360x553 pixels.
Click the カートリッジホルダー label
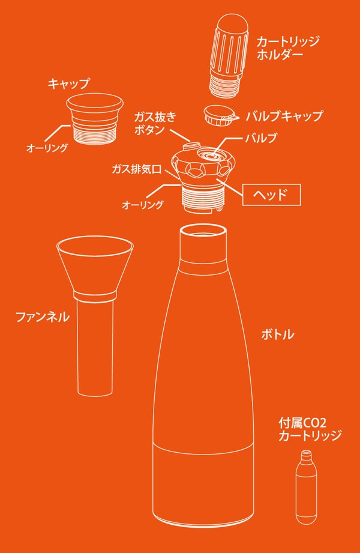pyautogui.click(x=288, y=47)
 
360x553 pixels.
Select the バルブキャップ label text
pyautogui.click(x=284, y=116)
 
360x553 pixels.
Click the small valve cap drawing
pyautogui.click(x=220, y=115)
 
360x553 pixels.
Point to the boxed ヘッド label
pyautogui.click(x=271, y=195)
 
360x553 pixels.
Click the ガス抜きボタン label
pyautogui.click(x=154, y=123)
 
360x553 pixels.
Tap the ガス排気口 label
pyautogui.click(x=136, y=169)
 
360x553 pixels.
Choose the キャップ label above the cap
pyautogui.click(x=68, y=84)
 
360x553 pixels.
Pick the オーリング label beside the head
pyautogui.click(x=142, y=205)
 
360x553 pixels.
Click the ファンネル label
pyautogui.click(x=43, y=316)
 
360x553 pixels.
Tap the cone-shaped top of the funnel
pyautogui.click(x=95, y=265)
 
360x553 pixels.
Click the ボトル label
pyautogui.click(x=277, y=334)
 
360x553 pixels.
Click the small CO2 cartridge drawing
pyautogui.click(x=306, y=487)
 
